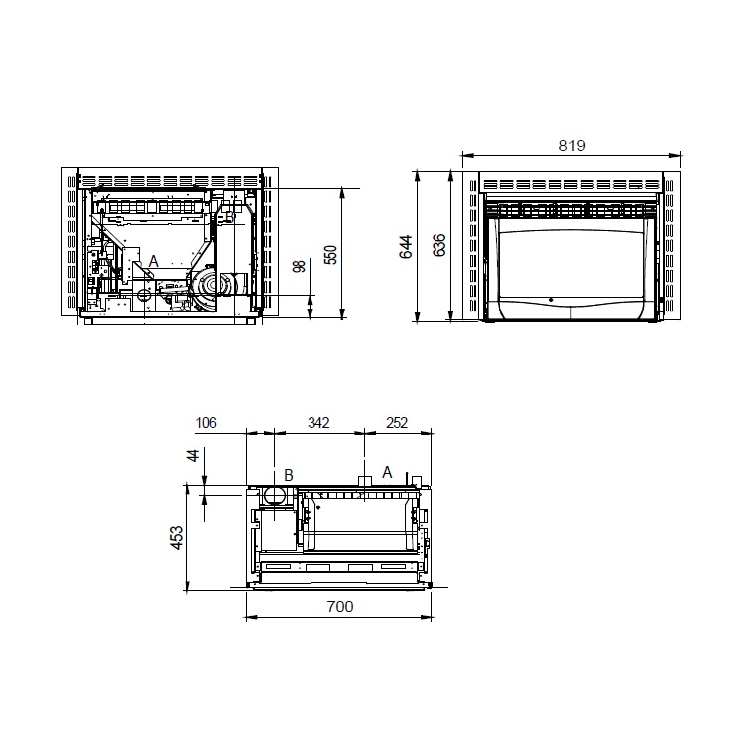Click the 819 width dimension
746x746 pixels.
(571, 145)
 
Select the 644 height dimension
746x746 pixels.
(406, 247)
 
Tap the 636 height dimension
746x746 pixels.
(439, 245)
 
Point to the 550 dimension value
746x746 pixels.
(330, 255)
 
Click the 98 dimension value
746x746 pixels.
(300, 266)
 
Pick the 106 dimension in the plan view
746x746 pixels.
(206, 422)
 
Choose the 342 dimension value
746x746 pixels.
(318, 422)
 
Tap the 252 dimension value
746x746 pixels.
(397, 422)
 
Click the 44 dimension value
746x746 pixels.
(193, 455)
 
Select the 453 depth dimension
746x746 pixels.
(176, 538)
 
